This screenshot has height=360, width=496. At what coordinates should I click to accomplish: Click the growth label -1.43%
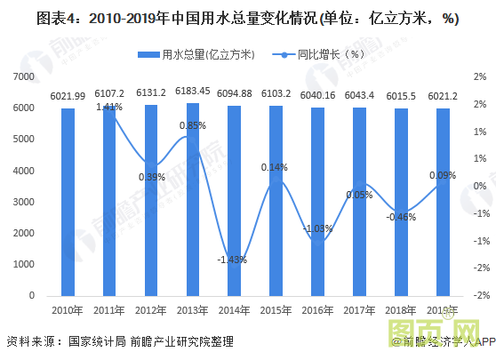(232, 260)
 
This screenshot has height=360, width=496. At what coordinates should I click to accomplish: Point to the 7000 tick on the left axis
(24, 77)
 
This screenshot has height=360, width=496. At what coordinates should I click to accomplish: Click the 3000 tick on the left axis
(24, 202)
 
